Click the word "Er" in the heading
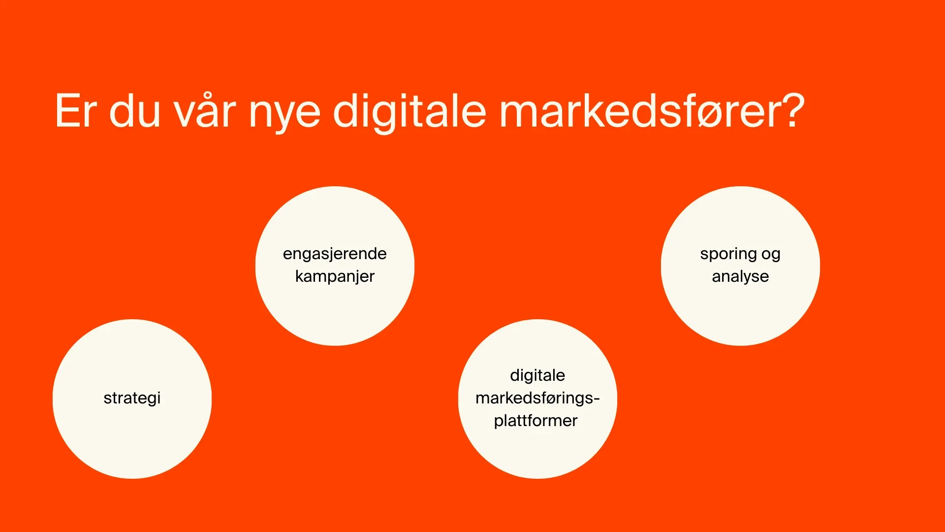tap(75, 111)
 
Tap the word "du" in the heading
tap(135, 110)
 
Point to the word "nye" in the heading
tap(284, 116)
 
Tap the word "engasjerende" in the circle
tap(335, 255)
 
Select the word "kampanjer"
tap(335, 277)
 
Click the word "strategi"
tap(132, 399)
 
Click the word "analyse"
tap(740, 277)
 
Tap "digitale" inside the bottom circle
tap(537, 376)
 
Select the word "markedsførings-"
tap(537, 398)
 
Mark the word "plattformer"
tap(535, 421)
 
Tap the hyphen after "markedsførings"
tap(597, 399)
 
